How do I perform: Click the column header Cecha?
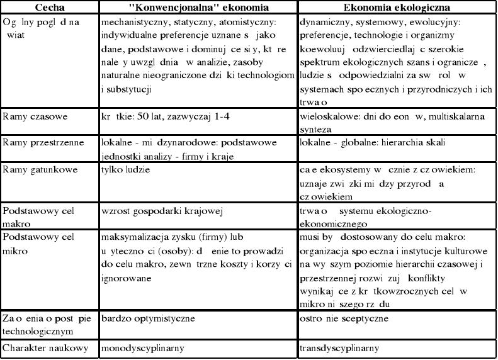(x=31, y=8)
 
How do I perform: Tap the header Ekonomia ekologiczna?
(x=398, y=8)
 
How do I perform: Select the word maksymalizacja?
(x=133, y=238)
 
